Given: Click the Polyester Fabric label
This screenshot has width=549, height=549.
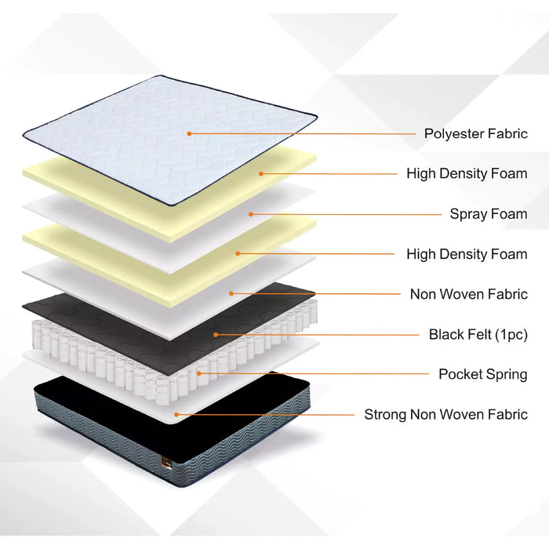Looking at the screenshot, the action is (476, 134).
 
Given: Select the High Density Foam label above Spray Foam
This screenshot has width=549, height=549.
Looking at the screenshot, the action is (467, 173).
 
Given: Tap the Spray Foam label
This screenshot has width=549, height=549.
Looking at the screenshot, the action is (489, 214).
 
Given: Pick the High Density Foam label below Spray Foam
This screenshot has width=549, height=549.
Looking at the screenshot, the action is (467, 254).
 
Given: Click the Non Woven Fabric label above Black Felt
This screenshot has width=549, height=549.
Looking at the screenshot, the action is (469, 294).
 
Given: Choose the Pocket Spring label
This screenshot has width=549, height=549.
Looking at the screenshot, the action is (483, 374).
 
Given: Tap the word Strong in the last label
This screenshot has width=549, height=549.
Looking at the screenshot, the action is (386, 415).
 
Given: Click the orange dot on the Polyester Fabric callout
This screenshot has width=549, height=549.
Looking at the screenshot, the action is (189, 133).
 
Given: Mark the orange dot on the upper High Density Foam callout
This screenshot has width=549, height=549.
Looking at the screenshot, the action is (261, 173).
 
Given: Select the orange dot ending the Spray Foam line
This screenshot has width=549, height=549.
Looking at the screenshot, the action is (251, 214).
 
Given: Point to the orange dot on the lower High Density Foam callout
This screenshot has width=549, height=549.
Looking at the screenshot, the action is (238, 253).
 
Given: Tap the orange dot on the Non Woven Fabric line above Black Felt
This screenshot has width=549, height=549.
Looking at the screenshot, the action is (231, 293).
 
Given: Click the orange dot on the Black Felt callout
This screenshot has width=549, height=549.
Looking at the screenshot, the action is (216, 335).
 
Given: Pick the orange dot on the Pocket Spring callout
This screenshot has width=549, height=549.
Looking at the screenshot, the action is (199, 373).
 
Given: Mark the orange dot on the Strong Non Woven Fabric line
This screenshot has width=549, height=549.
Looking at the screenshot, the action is (176, 415).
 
